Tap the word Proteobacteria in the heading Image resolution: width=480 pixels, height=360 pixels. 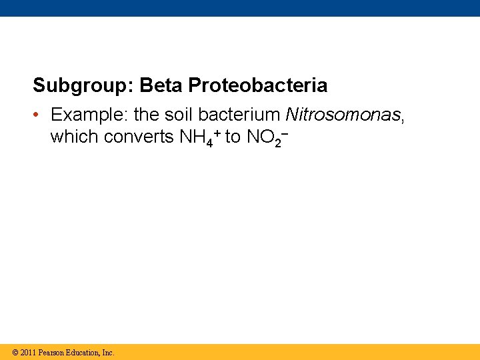[258, 86]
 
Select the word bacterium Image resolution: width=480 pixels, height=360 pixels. [239, 115]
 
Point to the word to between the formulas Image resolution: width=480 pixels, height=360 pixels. [233, 137]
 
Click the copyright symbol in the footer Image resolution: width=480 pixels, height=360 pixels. [15, 353]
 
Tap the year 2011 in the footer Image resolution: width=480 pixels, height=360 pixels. [29, 353]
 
